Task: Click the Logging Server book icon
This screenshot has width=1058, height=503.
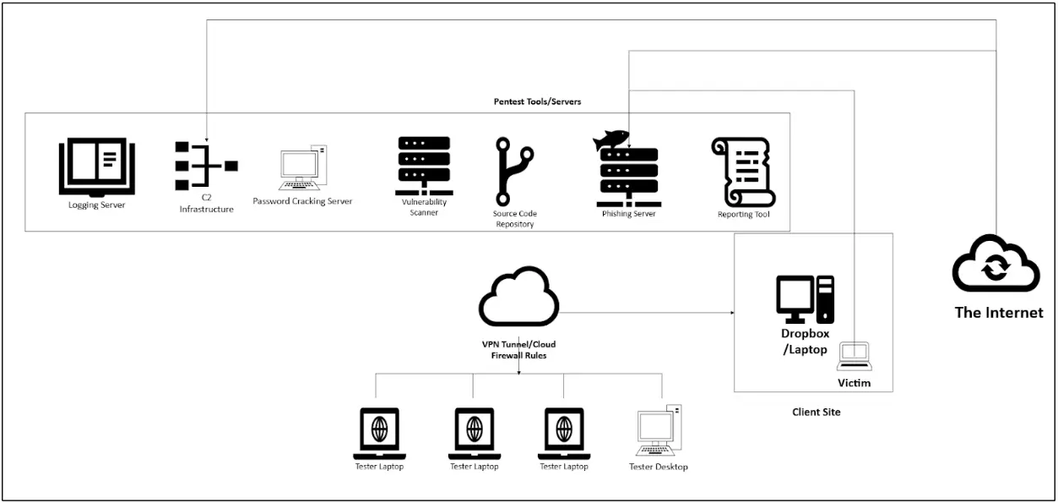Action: (x=96, y=168)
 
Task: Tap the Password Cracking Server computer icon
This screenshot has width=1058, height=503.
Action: (x=301, y=168)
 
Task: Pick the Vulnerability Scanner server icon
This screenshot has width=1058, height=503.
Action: (x=424, y=165)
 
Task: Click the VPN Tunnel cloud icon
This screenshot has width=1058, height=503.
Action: (x=518, y=300)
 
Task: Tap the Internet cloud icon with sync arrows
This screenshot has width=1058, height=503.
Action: (x=996, y=265)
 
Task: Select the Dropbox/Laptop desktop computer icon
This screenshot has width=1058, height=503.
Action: (x=805, y=299)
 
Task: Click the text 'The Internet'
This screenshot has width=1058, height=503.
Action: (x=998, y=313)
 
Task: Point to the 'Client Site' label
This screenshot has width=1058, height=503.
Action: (x=816, y=412)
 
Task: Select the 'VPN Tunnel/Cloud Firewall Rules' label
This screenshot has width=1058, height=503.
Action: (x=518, y=350)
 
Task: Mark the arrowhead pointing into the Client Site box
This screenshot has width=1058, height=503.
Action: (x=730, y=314)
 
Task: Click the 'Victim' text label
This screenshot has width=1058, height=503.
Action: (x=853, y=383)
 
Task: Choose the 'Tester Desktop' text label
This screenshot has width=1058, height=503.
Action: (x=659, y=467)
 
